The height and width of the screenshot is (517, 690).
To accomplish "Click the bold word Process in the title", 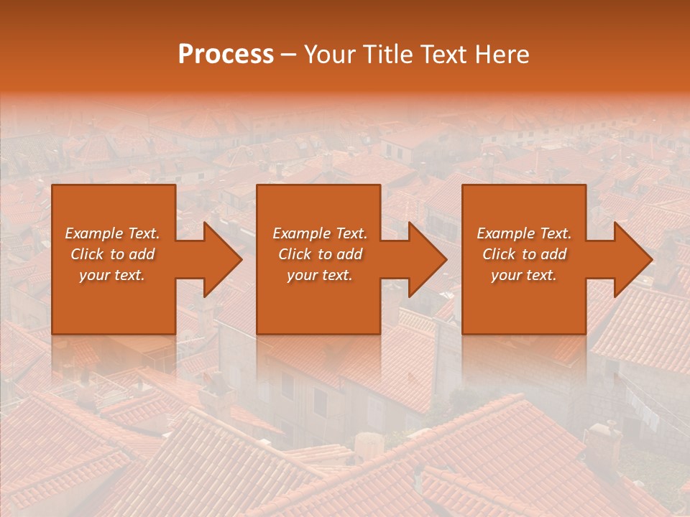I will pyautogui.click(x=226, y=55).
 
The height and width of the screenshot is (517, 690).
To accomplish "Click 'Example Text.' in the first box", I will pyautogui.click(x=112, y=233).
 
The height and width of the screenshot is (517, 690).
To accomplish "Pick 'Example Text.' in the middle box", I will pyautogui.click(x=320, y=233).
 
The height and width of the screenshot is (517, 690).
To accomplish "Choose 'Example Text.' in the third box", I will pyautogui.click(x=524, y=233).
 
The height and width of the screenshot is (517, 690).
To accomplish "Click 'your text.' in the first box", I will pyautogui.click(x=112, y=275).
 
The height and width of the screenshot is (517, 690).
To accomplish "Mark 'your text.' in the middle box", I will pyautogui.click(x=320, y=275).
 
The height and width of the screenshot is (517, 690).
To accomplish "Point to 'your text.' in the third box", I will pyautogui.click(x=524, y=275).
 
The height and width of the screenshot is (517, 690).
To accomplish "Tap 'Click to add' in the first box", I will pyautogui.click(x=112, y=254).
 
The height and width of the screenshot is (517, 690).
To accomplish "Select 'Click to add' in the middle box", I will pyautogui.click(x=320, y=254).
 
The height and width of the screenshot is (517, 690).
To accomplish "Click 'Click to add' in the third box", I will pyautogui.click(x=524, y=254).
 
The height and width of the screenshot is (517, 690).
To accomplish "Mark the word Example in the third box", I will pyautogui.click(x=503, y=233).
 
